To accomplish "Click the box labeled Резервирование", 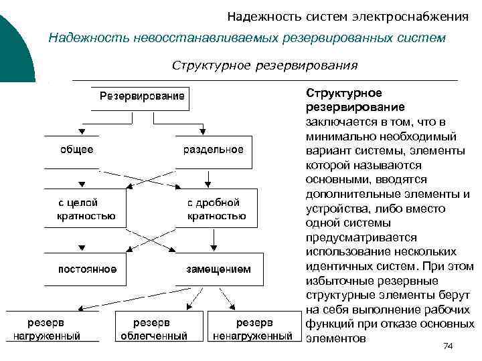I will (x=141, y=98).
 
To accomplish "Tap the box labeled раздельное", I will (x=214, y=150).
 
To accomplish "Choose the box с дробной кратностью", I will (x=216, y=209).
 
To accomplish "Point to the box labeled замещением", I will (x=218, y=269).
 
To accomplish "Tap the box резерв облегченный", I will (x=153, y=329).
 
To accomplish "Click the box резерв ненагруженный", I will (x=252, y=329).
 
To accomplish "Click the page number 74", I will (x=448, y=346).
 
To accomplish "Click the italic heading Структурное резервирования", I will (x=264, y=66).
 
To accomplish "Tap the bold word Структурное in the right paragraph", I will (x=343, y=92).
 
